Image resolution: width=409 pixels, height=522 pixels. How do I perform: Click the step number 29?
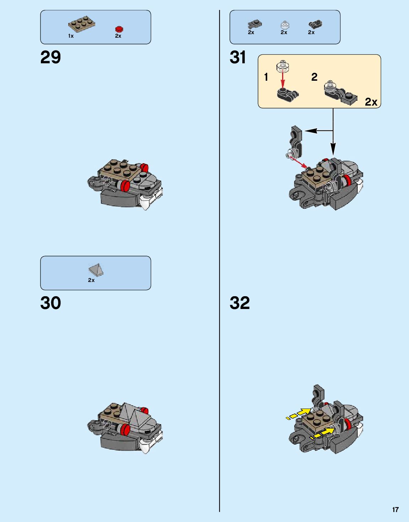(x=50, y=57)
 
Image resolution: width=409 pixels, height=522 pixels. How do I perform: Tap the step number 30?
(x=50, y=303)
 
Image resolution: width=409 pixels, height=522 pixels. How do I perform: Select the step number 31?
(x=238, y=57)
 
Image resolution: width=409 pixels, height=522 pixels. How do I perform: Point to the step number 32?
(x=240, y=303)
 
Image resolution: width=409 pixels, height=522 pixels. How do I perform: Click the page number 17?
(x=395, y=510)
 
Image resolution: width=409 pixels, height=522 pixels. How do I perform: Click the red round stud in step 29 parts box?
(x=119, y=29)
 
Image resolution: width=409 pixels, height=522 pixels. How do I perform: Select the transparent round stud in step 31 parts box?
(x=285, y=25)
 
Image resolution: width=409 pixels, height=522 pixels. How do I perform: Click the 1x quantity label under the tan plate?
(x=71, y=36)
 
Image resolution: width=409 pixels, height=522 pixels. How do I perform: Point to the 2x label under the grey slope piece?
(x=91, y=280)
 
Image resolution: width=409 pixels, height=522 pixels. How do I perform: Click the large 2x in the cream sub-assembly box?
(x=371, y=102)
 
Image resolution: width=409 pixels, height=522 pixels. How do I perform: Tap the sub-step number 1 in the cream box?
(x=266, y=77)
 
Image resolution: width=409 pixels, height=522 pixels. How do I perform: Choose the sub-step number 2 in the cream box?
(x=314, y=77)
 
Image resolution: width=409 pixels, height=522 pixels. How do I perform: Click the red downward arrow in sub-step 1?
(x=283, y=80)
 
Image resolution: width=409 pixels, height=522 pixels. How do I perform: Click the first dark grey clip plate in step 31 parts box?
(x=254, y=25)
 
